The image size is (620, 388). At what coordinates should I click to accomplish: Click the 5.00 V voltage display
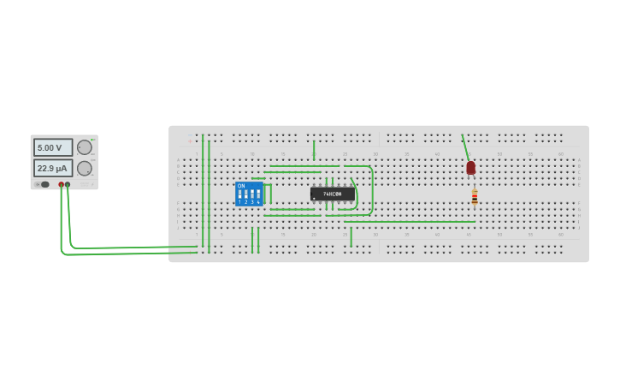point(52,147)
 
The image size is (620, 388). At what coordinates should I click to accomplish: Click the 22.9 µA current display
point(52,168)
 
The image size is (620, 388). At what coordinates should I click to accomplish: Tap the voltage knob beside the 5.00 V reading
point(84,147)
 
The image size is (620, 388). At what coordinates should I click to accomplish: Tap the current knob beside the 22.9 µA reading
point(84,168)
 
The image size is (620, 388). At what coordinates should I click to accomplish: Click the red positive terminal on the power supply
point(61,184)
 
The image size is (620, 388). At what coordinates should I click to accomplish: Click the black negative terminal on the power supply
point(68,184)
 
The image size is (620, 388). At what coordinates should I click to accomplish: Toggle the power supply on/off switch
point(43,184)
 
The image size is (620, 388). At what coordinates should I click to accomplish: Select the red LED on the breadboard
point(470,167)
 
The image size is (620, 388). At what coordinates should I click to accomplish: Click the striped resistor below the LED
point(475,197)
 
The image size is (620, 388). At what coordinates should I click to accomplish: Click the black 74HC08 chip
point(332,194)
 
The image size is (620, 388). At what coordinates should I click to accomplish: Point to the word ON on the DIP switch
point(241,186)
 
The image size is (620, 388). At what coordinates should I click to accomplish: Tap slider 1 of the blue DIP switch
point(240,194)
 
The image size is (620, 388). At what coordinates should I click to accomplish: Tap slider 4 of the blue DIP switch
point(258,194)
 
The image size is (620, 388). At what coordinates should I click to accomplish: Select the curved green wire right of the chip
point(372,188)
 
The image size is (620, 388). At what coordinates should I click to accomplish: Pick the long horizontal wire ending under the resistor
point(410,222)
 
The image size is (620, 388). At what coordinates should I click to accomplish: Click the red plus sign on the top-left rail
point(190,140)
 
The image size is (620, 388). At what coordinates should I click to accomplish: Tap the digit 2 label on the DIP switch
point(246,202)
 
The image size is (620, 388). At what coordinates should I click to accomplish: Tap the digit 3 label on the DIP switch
point(252,202)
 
